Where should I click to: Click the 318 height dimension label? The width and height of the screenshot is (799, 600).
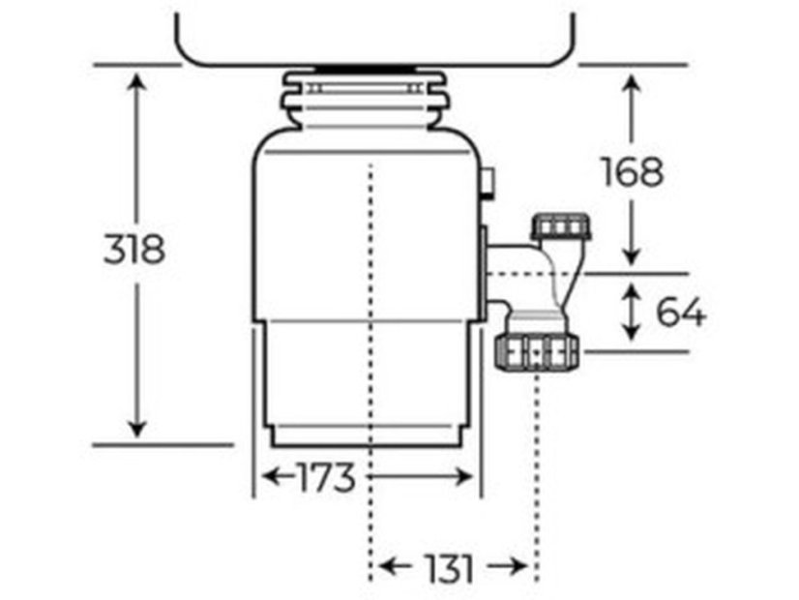click(x=134, y=249)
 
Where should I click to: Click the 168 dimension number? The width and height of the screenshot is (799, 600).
click(x=633, y=171)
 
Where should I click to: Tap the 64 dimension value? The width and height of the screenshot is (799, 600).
click(x=681, y=312)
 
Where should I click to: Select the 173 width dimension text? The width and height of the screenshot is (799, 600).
click(x=326, y=478)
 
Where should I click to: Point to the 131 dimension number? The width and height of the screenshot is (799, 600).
click(x=450, y=568)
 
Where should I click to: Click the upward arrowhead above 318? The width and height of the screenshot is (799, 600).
click(x=136, y=81)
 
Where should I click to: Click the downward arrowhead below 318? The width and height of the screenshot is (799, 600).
click(x=136, y=428)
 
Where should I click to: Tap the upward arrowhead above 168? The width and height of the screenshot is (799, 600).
click(x=632, y=83)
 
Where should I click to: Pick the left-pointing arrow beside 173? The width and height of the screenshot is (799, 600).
click(x=279, y=477)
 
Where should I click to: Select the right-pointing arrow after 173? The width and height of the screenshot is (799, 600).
click(x=420, y=477)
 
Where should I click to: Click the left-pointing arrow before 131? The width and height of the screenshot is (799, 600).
click(x=395, y=566)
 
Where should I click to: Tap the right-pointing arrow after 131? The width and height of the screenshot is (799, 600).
click(x=507, y=566)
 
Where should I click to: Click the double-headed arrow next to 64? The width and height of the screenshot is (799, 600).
click(x=632, y=312)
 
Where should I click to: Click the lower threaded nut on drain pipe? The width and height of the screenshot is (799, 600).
click(x=536, y=351)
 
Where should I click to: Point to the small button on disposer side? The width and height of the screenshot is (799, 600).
click(x=488, y=183)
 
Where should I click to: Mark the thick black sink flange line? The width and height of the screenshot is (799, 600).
click(x=365, y=68)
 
